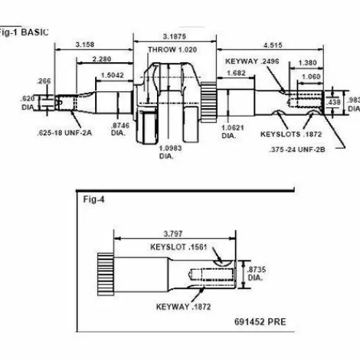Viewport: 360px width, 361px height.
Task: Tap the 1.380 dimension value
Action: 306,61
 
